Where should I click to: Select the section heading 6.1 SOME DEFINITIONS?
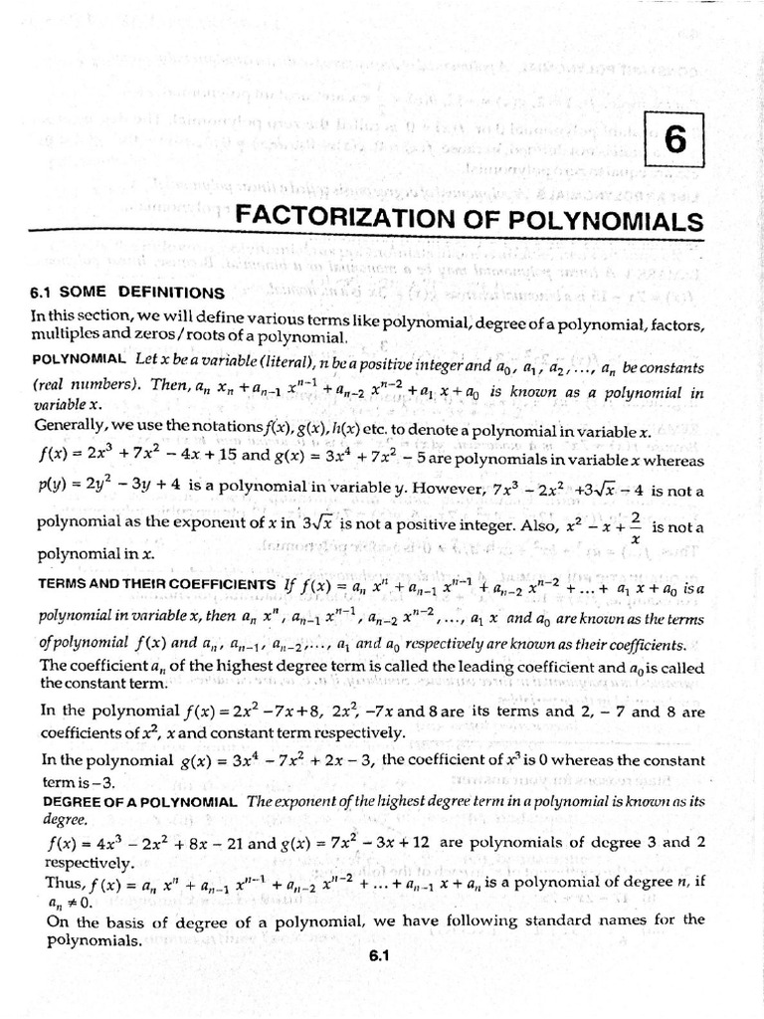pyautogui.click(x=128, y=293)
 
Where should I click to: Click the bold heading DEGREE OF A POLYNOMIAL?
pyautogui.click(x=134, y=801)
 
